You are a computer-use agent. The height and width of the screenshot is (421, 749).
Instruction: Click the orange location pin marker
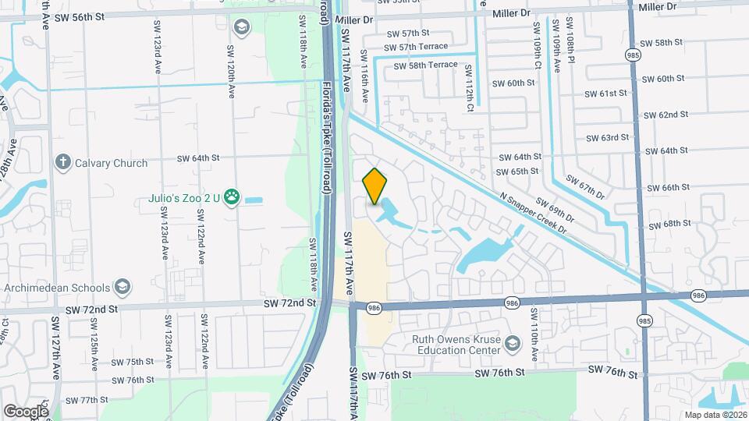pyautogui.click(x=374, y=186)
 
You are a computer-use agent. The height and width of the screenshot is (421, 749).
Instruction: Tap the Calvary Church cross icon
pyautogui.click(x=63, y=161)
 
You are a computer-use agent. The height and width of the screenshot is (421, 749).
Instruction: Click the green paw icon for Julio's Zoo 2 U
pyautogui.click(x=232, y=198)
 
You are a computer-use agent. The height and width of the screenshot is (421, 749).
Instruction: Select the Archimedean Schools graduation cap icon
pyautogui.click(x=122, y=287)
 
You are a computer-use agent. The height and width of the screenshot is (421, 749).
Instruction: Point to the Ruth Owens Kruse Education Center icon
pyautogui.click(x=513, y=344)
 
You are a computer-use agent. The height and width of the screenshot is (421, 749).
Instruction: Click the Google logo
pyautogui.click(x=26, y=411)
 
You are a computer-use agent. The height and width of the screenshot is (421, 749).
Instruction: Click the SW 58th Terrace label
pyautogui.click(x=425, y=65)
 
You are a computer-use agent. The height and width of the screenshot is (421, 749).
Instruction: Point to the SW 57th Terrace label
pyautogui.click(x=427, y=47)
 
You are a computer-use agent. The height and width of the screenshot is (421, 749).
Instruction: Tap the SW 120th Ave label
pyautogui.click(x=231, y=71)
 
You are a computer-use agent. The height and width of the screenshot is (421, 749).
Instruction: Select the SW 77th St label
pyautogui.click(x=87, y=400)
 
